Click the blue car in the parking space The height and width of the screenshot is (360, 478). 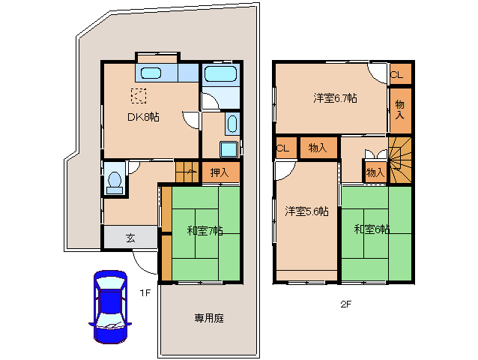(110, 307)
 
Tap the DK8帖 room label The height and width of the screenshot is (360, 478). (143, 117)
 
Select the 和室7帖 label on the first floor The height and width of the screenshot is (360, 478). (205, 231)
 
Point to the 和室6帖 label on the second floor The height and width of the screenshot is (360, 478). (372, 229)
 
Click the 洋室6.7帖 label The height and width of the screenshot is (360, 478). (335, 98)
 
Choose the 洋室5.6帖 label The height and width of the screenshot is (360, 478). (306, 211)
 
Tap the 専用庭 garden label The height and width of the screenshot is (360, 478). (209, 318)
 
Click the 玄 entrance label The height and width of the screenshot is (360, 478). (131, 238)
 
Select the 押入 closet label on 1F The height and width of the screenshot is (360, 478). (220, 172)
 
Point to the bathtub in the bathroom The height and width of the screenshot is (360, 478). (221, 73)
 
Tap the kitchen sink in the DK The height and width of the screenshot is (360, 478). (151, 73)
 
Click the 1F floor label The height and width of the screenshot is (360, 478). (145, 293)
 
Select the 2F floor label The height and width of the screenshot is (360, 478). (346, 304)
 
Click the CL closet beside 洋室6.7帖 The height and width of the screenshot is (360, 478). (401, 73)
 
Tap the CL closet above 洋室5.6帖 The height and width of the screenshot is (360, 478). (285, 148)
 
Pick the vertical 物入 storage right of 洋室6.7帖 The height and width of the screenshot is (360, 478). (401, 111)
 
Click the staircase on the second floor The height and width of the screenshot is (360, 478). (400, 160)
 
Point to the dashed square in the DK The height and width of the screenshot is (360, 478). (139, 96)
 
